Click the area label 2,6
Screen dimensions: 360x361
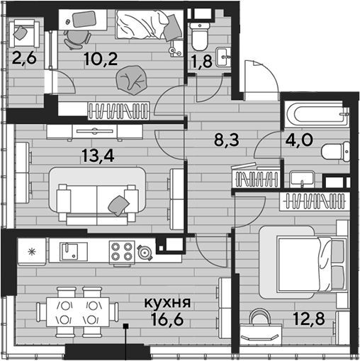[24, 59]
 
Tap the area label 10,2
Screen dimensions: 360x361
[101, 59]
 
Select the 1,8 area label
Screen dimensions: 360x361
[202, 62]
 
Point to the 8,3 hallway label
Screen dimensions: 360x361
[227, 140]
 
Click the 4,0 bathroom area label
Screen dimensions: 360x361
[299, 139]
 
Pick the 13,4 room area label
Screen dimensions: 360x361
[98, 156]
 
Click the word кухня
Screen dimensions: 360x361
[167, 303]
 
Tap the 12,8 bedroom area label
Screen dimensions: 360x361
[309, 319]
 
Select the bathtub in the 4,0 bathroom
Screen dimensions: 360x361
[317, 114]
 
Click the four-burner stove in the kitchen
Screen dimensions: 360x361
[122, 252]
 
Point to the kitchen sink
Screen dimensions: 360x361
[69, 252]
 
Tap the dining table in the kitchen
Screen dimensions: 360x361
[78, 312]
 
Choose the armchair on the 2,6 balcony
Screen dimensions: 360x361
[24, 33]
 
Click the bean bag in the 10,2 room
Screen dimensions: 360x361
[132, 80]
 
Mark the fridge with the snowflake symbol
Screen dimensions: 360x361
[32, 251]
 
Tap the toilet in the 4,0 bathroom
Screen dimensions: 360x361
[335, 151]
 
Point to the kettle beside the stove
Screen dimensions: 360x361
[144, 253]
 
